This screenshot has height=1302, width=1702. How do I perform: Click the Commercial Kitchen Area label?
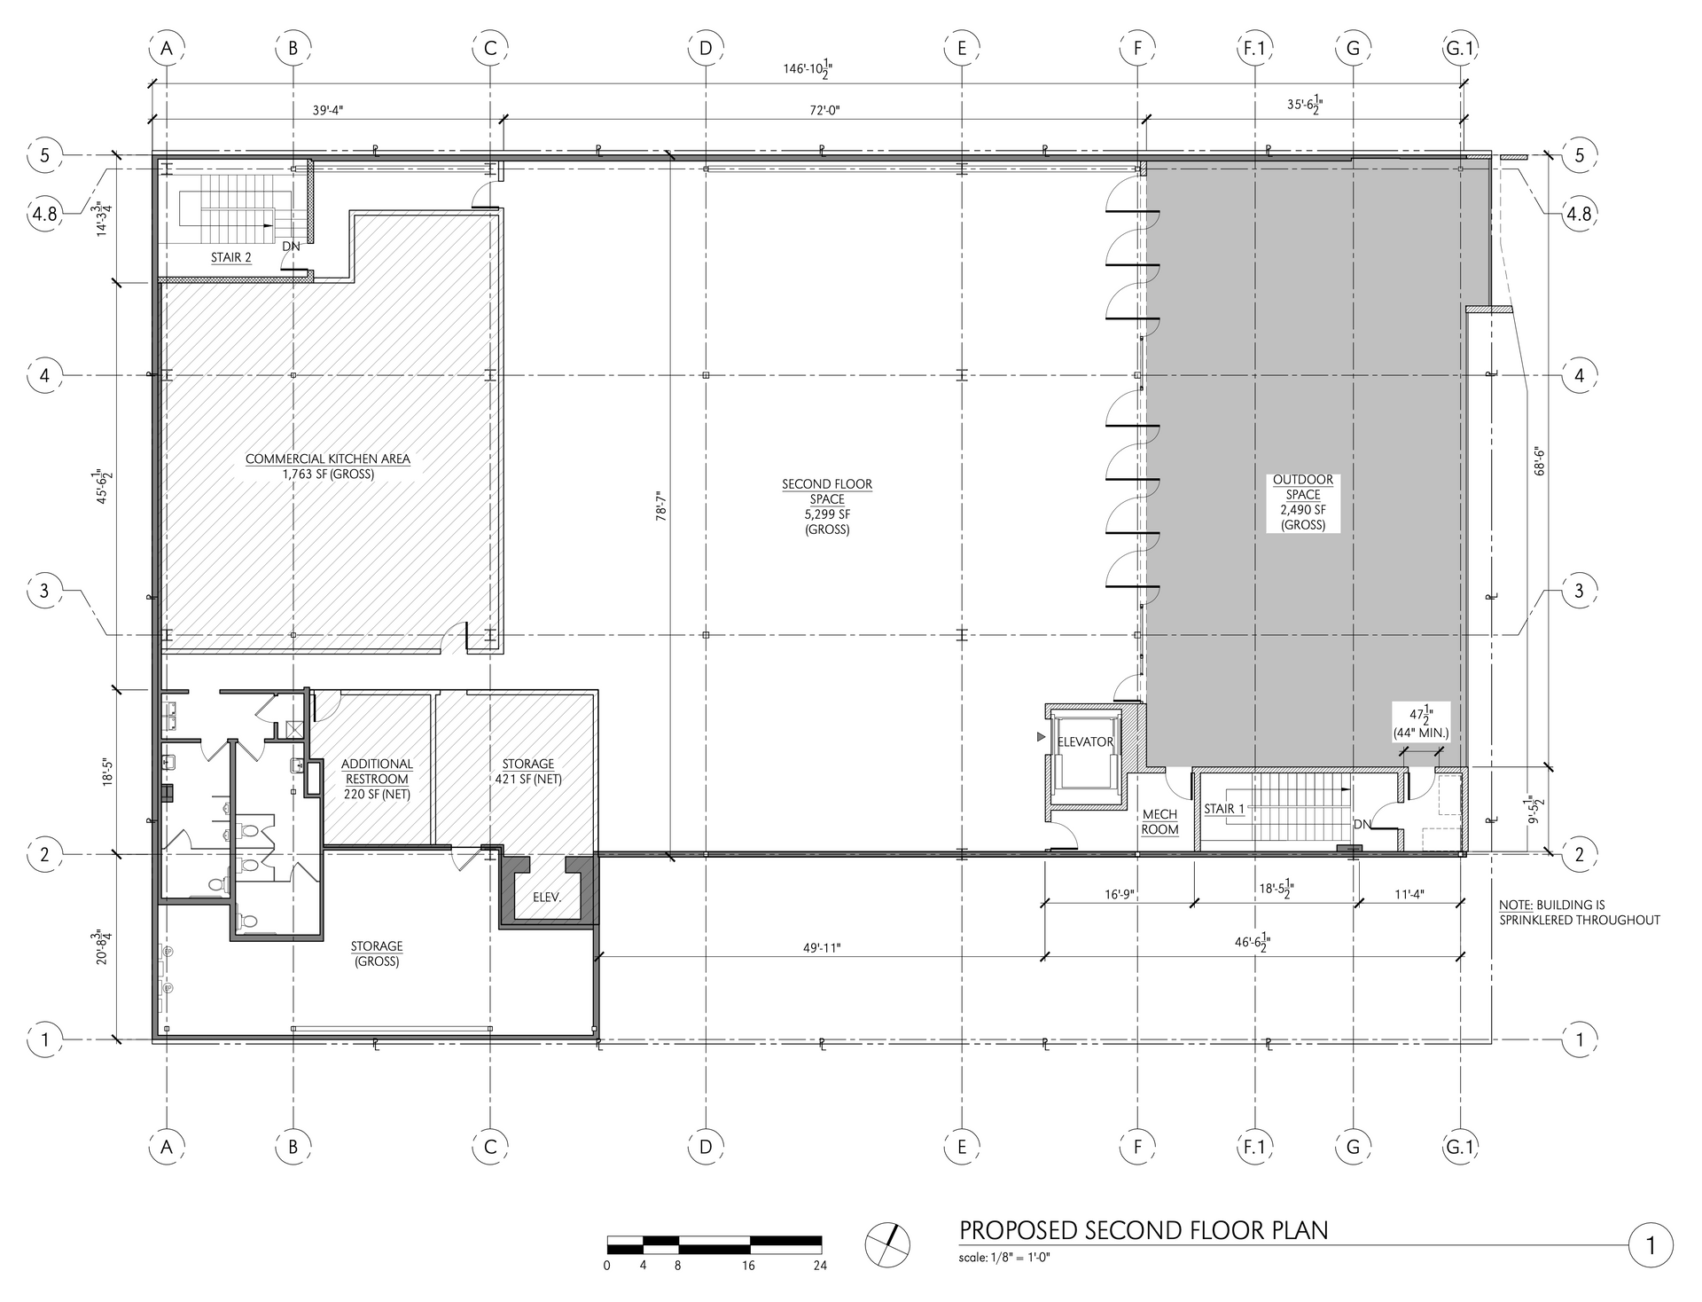coord(328,467)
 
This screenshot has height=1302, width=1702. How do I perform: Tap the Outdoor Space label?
coord(1303,502)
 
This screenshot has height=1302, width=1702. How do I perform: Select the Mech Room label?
coord(1159,822)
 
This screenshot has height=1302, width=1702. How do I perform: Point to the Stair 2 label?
coord(230,258)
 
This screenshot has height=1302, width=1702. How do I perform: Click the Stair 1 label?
coord(1224,809)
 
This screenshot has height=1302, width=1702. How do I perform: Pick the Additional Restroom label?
coord(377,779)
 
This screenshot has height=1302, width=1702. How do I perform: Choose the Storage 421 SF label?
coord(528,772)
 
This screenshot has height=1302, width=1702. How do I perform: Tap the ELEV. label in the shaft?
coord(547,898)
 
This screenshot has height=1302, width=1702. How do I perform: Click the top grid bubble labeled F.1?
coord(1253,48)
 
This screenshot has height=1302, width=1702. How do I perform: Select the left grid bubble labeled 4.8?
coord(45,214)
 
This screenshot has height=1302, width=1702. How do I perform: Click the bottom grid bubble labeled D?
coord(706,1147)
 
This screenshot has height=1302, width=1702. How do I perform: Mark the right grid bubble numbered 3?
coord(1578,591)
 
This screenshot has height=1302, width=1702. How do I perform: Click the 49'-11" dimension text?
coord(821,947)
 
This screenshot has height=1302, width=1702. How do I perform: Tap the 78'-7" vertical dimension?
coord(660,512)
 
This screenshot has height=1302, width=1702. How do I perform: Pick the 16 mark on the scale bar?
coord(749,1266)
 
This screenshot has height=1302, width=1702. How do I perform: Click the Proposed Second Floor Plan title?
coord(1144,1230)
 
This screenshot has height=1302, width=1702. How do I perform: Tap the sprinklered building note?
coord(1579,913)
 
